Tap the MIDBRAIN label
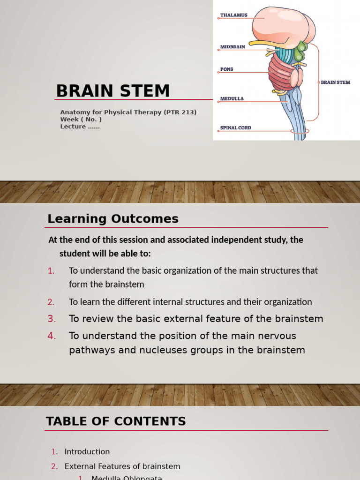click(x=232, y=47)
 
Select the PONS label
click(x=226, y=69)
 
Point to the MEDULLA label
click(x=232, y=99)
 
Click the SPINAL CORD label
click(x=235, y=127)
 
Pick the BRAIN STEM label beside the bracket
click(x=336, y=82)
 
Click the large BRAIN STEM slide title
click(x=113, y=91)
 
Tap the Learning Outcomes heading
click(x=113, y=219)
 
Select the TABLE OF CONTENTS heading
click(x=116, y=421)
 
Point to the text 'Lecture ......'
click(x=80, y=127)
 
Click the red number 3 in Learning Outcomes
click(x=52, y=319)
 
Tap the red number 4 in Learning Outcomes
click(x=52, y=336)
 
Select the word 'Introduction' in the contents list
click(x=87, y=452)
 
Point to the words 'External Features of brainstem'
click(x=122, y=466)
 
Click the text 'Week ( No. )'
click(x=81, y=120)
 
